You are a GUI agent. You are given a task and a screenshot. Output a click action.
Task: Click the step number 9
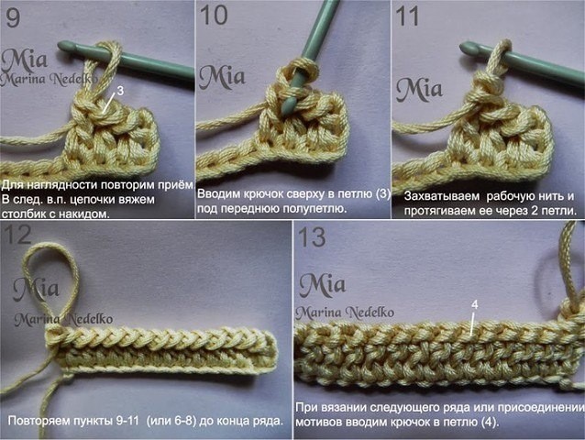[x=14, y=16]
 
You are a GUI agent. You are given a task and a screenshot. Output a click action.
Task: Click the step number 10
[x=214, y=16]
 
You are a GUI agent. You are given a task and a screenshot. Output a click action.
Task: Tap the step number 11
[x=407, y=16]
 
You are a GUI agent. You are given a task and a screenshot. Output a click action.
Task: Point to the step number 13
[x=312, y=236]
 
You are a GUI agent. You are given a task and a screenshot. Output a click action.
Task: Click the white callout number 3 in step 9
[x=120, y=91]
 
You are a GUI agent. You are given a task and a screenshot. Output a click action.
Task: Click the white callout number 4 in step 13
[x=475, y=304]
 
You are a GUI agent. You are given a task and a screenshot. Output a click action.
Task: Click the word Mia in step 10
[x=222, y=76]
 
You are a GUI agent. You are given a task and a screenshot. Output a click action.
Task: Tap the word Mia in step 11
[x=419, y=90]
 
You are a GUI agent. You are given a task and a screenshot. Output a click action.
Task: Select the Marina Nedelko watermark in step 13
[x=345, y=312]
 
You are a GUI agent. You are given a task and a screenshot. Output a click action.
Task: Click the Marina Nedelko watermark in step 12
[x=63, y=319]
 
